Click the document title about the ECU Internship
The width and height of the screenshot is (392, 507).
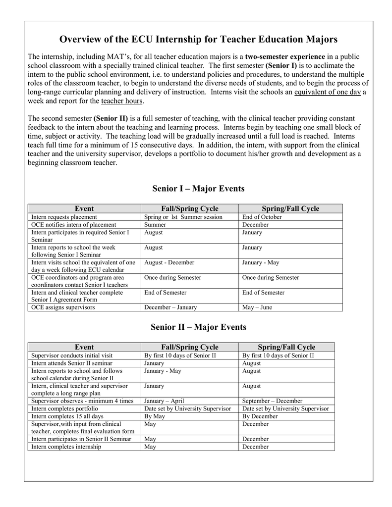coord(198,39)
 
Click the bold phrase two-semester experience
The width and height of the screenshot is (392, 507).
coord(285,56)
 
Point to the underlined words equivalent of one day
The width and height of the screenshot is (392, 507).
coord(327,92)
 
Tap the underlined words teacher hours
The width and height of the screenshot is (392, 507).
coord(122,101)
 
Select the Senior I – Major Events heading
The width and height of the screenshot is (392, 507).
coord(198,189)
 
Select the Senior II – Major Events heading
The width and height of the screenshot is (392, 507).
coord(198,327)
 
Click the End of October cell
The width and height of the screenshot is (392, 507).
coord(262,217)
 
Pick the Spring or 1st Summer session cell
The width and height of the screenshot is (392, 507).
coord(183,217)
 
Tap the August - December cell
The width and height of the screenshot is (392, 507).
coord(169,262)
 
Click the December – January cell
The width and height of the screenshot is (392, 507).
coord(170,307)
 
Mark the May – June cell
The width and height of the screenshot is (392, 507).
coord(257,307)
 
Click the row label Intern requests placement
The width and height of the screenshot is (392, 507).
coord(64,217)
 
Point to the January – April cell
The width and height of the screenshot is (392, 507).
coord(164,401)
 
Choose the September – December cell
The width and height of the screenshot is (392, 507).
coord(272,401)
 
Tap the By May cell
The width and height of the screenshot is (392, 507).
coord(155,416)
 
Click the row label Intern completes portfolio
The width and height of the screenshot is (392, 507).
coord(64,408)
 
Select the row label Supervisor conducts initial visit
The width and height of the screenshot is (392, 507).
coord(71,355)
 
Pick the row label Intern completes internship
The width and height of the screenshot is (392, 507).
coord(66,447)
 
